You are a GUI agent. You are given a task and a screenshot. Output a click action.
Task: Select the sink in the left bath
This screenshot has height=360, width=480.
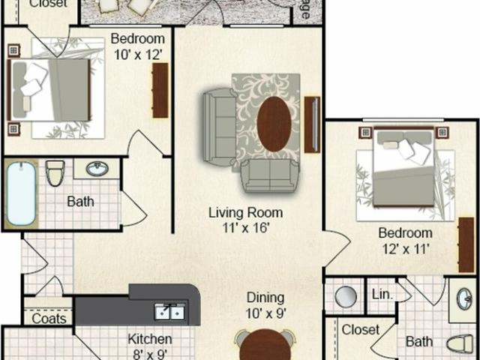point(97,169)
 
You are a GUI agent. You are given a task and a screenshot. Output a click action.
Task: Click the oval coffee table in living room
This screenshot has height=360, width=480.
point(274,124)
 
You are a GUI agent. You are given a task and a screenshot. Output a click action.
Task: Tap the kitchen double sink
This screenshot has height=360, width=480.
point(170,310)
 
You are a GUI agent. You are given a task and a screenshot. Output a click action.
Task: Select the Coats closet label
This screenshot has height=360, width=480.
point(49,319)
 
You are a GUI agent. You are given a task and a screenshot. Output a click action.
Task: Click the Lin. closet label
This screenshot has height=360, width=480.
point(382,294)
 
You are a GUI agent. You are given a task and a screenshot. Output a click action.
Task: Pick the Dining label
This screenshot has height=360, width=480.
point(265,298)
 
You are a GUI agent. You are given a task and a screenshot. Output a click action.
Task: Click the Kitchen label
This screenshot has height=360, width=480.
point(150,339)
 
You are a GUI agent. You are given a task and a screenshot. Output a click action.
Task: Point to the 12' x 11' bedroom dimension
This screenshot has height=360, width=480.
point(404,248)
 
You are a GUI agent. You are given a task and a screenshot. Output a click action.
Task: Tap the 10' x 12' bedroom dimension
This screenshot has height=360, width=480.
point(137,53)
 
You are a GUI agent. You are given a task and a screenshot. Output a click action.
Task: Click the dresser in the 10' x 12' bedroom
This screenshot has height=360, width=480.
point(160,90)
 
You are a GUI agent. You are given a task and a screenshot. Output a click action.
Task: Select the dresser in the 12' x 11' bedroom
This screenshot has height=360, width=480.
point(466,244)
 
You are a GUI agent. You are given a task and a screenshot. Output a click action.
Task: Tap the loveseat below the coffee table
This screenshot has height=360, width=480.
point(268,175)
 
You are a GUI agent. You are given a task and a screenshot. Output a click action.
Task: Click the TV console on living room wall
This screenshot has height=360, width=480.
point(313,124)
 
